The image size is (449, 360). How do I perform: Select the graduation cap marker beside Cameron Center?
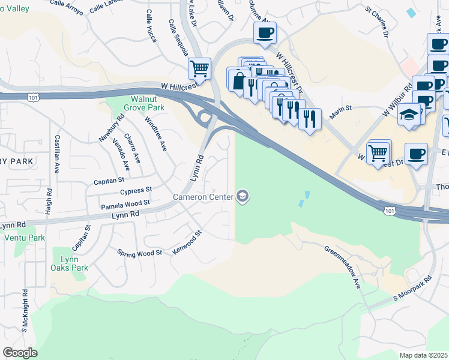pos(243,196)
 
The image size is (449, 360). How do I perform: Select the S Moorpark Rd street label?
pos(412,289)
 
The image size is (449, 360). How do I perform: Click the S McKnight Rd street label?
pos(25,311)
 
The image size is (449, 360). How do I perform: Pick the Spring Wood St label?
pos(140,253)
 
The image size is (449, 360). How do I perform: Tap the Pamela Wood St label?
pos(125,205)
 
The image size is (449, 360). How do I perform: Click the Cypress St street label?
pos(136,191)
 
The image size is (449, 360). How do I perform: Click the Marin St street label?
pos(339,109)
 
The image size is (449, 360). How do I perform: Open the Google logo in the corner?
pos(19,353)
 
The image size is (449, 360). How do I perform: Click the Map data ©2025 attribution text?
pos(424,355)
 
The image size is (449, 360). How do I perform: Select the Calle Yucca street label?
pos(151,26)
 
